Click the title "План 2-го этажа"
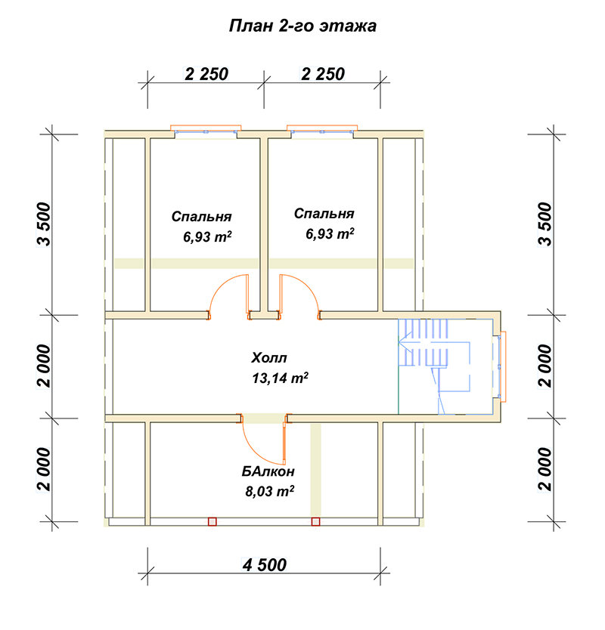point(302,26)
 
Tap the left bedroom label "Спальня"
point(201,217)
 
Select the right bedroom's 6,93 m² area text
point(330,233)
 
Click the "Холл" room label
point(269,357)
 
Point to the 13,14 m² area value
point(280,378)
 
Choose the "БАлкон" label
point(268,471)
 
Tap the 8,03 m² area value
point(269,491)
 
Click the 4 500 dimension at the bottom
point(264,565)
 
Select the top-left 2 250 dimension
point(206,74)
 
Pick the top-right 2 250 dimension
point(323,74)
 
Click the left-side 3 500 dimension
point(45,224)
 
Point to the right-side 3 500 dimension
point(545,224)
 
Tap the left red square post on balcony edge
point(213,521)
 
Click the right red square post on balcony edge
point(316,521)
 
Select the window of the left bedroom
point(206,130)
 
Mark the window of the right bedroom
point(322,130)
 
